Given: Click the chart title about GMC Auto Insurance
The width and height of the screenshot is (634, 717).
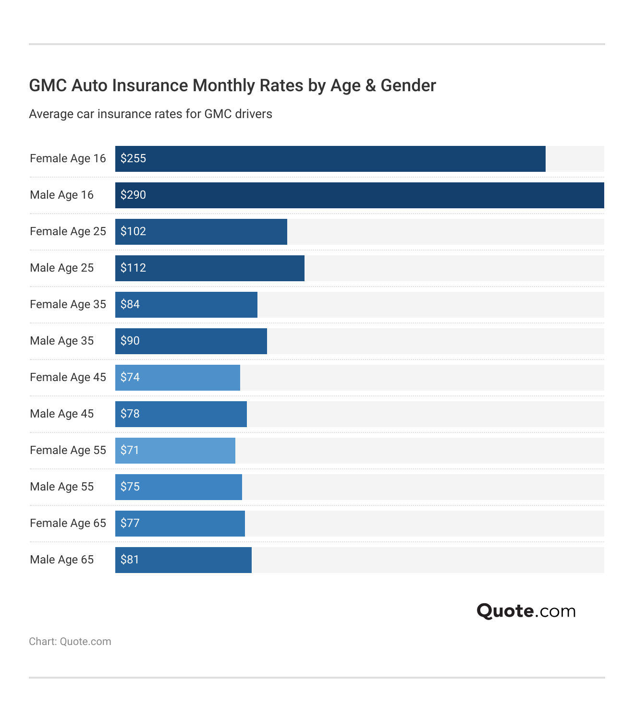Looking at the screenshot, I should (232, 85).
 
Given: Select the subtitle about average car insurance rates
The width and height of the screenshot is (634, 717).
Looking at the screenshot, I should (150, 114).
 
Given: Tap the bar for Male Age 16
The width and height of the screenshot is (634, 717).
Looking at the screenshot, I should (359, 195).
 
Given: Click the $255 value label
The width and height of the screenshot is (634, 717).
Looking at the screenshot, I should (133, 158).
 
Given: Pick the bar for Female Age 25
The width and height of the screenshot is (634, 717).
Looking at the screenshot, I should (201, 232).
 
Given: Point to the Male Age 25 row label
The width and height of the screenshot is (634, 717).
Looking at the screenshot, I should (61, 268).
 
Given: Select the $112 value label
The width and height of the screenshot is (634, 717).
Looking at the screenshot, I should (133, 268).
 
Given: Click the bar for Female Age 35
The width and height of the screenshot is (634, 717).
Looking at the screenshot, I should (186, 305).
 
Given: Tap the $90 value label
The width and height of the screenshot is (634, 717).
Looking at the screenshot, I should (130, 341).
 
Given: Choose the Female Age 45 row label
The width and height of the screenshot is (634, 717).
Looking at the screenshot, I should (68, 377).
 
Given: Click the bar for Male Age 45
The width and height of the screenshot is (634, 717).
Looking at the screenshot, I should (181, 414).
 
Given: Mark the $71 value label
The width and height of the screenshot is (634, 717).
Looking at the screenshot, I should (130, 450).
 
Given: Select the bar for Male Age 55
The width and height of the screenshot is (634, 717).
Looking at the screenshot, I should (179, 487).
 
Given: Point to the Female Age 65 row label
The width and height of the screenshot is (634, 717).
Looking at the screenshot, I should (68, 523).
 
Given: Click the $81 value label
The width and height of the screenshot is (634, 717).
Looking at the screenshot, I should (130, 560).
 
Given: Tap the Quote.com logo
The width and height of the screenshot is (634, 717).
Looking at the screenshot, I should (526, 611).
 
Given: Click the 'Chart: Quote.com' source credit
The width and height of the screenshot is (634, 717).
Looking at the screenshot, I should (70, 642).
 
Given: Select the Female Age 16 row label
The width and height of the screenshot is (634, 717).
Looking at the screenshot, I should (68, 158).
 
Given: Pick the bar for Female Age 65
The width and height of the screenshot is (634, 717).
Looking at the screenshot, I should (180, 524).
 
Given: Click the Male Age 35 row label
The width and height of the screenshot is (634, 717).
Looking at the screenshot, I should (61, 341).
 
